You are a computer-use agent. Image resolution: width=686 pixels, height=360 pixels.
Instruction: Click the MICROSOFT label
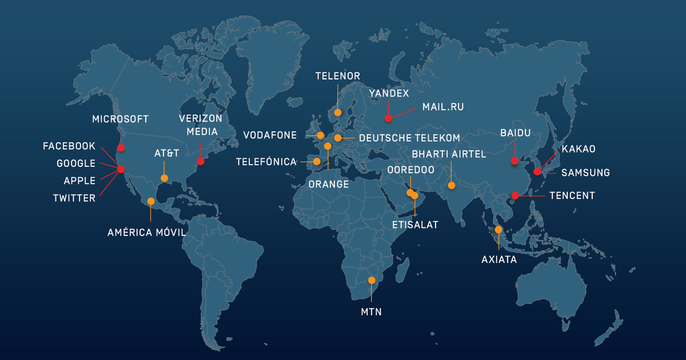click(120, 119)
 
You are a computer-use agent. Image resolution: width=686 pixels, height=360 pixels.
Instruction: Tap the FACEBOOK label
click(69, 146)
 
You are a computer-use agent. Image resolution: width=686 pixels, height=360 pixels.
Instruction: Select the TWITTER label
click(74, 198)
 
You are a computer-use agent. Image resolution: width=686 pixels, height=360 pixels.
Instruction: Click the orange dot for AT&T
click(165, 178)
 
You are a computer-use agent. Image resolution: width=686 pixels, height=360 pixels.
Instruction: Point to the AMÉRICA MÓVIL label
click(147, 233)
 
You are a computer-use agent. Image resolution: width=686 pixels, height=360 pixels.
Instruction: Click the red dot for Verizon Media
click(201, 162)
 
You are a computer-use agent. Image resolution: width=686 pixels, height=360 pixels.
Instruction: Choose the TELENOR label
click(338, 75)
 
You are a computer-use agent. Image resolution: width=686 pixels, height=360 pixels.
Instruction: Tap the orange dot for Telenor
click(338, 113)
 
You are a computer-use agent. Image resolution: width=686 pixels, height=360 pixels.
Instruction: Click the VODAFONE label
click(270, 135)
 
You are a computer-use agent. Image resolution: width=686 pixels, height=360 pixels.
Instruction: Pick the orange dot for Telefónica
click(317, 162)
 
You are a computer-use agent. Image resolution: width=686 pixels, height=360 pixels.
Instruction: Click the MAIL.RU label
click(443, 107)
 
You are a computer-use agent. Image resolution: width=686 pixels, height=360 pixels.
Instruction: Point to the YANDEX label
click(389, 93)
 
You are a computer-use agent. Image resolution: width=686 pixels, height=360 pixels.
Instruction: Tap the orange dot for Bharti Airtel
click(452, 185)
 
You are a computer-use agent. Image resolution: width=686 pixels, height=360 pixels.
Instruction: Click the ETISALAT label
click(415, 225)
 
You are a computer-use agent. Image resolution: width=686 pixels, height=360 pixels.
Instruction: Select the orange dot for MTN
click(372, 281)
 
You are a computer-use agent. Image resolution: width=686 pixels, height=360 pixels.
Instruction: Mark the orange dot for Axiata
click(498, 230)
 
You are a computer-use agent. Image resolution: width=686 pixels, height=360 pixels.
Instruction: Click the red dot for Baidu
click(514, 161)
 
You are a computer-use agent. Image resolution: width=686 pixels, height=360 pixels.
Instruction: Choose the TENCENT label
click(572, 195)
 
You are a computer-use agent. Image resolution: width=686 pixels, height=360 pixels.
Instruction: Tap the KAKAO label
click(579, 149)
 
